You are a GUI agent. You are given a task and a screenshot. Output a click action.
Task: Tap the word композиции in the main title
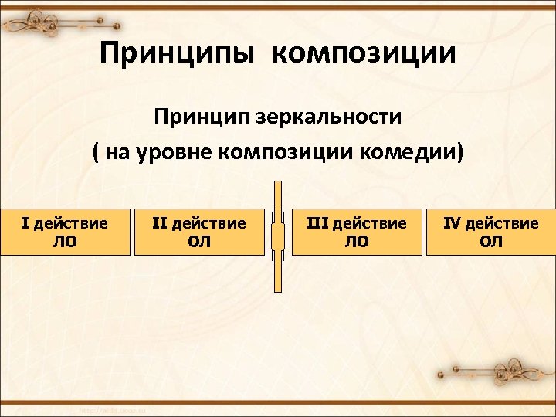click(363, 54)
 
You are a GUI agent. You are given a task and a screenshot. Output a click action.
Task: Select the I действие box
click(65, 232)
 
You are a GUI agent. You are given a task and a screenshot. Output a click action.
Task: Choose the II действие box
click(199, 232)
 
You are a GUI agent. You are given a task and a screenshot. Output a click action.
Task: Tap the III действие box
click(356, 232)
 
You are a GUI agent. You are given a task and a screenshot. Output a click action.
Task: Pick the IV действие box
click(491, 232)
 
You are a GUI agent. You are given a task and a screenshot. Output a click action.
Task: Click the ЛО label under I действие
click(65, 242)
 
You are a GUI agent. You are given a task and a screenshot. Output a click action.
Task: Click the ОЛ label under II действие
click(199, 242)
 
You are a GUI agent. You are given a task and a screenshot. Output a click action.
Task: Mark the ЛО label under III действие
click(356, 242)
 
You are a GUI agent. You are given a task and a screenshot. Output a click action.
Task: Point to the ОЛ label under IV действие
click(491, 242)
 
